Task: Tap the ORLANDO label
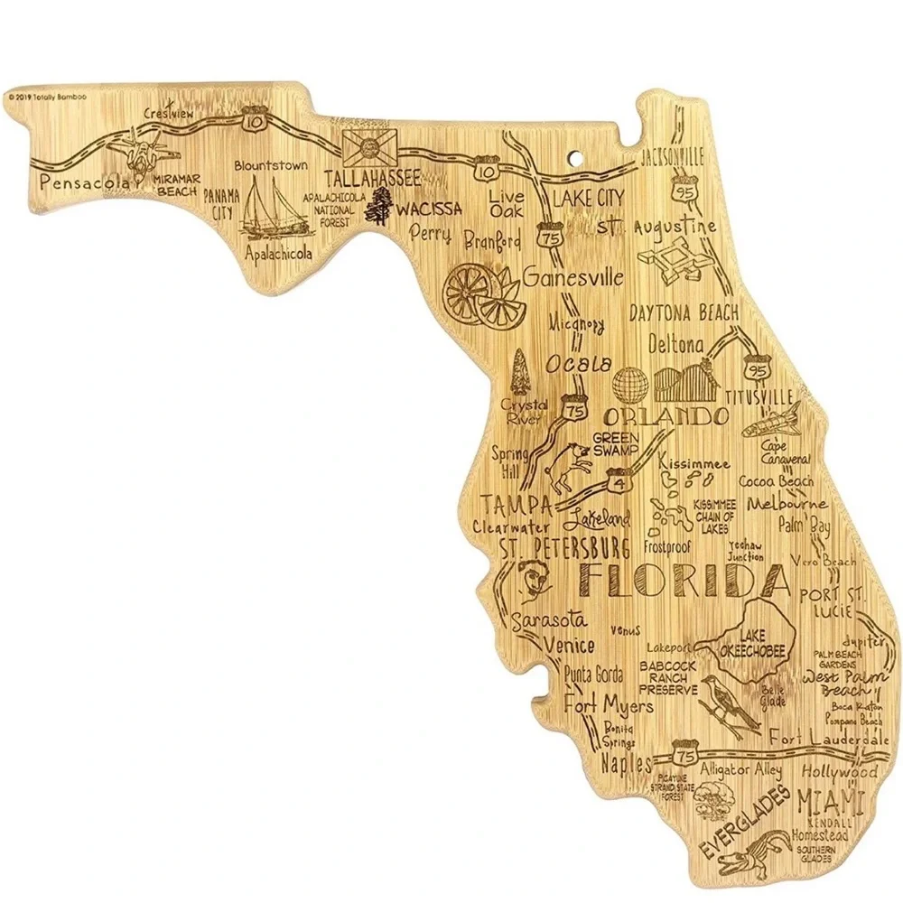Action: (x=666, y=417)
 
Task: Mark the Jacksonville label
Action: (x=671, y=155)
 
